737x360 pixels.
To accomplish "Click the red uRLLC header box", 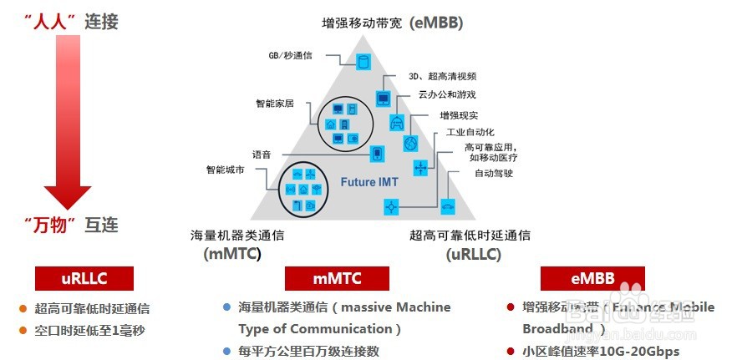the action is pyautogui.click(x=84, y=279).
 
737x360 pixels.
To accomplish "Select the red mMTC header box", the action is pyautogui.click(x=335, y=279).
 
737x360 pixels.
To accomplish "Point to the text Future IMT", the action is pyautogui.click(x=369, y=181).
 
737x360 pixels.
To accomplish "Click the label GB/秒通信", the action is pyautogui.click(x=290, y=54).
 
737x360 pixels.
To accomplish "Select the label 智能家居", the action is pyautogui.click(x=275, y=104).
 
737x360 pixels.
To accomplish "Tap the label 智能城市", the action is pyautogui.click(x=226, y=170).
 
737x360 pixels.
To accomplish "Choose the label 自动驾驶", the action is pyautogui.click(x=493, y=174).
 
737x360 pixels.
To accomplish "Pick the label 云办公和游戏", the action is pyautogui.click(x=447, y=94).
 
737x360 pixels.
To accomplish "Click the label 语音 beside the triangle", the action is pyautogui.click(x=262, y=155).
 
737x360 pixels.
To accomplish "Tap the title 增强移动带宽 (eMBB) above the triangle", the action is pyautogui.click(x=392, y=23).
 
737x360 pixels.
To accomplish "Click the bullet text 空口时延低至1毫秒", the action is pyautogui.click(x=89, y=330).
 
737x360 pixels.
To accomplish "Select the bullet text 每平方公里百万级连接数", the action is pyautogui.click(x=308, y=351).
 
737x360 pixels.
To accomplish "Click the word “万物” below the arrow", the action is pyautogui.click(x=50, y=224).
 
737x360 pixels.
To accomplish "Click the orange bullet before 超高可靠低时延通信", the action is pyautogui.click(x=23, y=309).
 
